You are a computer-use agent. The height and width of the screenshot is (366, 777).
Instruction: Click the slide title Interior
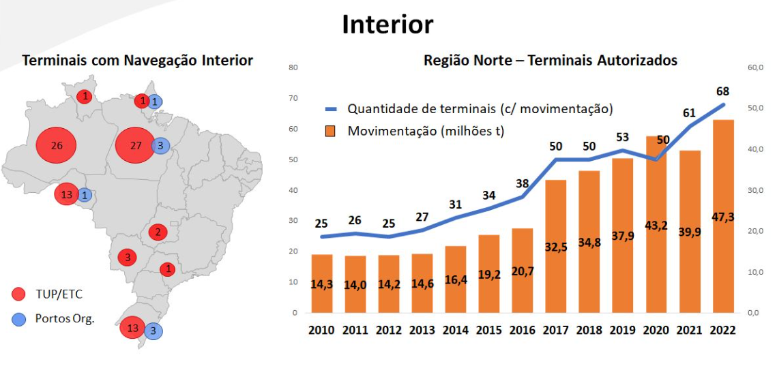point(387,25)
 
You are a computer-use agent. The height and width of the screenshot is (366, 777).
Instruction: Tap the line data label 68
point(723,91)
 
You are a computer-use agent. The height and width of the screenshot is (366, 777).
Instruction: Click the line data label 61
point(689,112)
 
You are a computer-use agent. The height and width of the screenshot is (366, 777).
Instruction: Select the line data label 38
point(523,184)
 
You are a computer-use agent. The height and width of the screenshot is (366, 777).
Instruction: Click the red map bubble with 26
point(56,146)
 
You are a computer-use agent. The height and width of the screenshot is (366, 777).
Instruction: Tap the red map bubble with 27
point(135,146)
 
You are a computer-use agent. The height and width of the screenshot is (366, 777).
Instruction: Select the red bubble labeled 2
point(158,232)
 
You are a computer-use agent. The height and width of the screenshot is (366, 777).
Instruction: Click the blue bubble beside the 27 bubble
point(160,146)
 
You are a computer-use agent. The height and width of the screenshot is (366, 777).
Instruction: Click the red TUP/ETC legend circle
point(18,294)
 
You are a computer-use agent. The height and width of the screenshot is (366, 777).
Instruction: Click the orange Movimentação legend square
point(331,132)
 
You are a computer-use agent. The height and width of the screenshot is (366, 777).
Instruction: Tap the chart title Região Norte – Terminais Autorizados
point(550,61)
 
